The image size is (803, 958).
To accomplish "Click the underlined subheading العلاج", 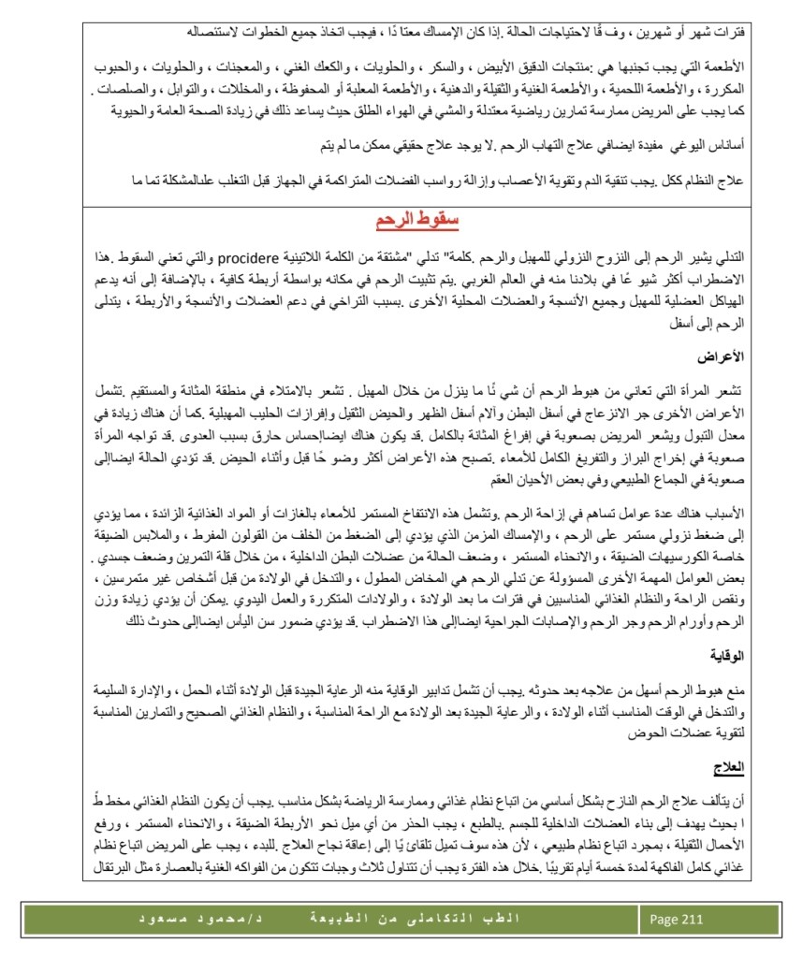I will point(730,766).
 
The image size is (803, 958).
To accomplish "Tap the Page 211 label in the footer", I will point(676,919).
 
